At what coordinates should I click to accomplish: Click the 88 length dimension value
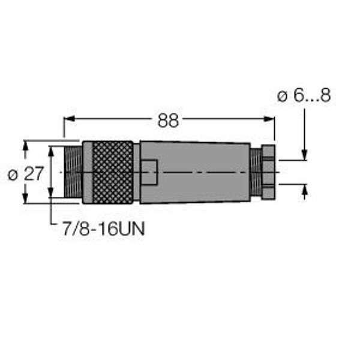[168, 121]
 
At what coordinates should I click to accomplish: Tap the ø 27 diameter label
[25, 174]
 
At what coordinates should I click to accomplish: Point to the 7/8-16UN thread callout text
[104, 229]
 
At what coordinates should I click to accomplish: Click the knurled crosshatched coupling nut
[113, 172]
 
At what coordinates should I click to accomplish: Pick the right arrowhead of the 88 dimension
[269, 119]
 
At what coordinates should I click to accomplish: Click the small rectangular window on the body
[149, 172]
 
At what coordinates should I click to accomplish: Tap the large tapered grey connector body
[195, 172]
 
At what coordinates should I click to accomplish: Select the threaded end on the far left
[73, 172]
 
